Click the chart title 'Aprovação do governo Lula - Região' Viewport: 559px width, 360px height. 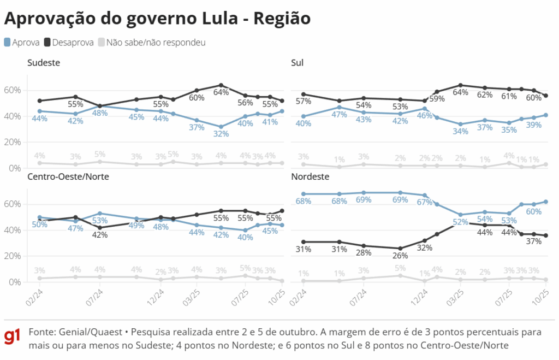point(157,19)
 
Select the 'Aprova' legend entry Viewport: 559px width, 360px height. point(22,42)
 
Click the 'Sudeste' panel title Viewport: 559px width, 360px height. point(44,63)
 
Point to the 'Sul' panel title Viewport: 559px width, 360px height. point(298,63)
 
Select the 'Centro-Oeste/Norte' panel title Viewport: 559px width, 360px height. point(68,177)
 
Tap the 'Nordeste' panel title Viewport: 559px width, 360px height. point(310,177)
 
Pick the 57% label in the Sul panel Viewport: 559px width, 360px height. point(303,102)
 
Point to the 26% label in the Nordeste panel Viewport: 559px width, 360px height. point(401,256)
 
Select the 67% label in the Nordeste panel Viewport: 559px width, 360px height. point(425,203)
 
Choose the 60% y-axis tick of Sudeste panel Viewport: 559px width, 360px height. point(12,90)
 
